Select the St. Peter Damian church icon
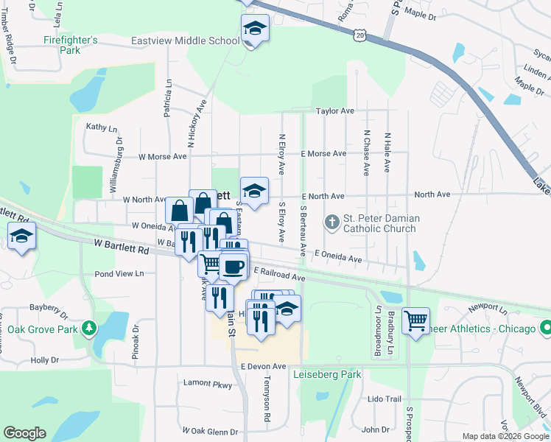(x=332, y=221)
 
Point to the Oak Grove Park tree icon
(x=89, y=326)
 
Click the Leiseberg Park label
(x=328, y=374)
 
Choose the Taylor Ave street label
(x=335, y=111)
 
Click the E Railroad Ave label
(x=279, y=275)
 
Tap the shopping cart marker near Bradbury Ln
(x=416, y=320)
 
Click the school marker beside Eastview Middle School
(x=254, y=29)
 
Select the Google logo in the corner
(x=24, y=433)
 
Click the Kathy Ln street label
(x=102, y=127)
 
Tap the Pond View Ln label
(x=120, y=273)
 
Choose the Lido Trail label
(x=384, y=399)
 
